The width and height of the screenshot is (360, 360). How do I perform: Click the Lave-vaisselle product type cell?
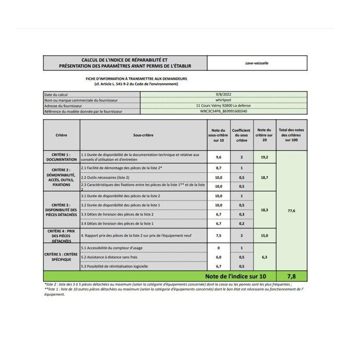(257, 63)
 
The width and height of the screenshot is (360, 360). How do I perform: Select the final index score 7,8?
(292, 276)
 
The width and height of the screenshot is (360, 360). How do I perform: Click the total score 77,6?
(292, 211)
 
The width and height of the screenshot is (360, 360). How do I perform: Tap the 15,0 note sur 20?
(264, 236)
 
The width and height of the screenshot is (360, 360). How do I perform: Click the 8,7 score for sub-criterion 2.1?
(218, 168)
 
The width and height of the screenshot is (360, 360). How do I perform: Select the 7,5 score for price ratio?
(218, 236)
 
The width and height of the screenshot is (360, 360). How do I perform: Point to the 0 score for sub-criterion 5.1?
(218, 248)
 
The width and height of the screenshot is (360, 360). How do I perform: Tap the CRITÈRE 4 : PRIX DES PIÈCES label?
(61, 236)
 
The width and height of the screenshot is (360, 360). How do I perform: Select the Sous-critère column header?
(143, 135)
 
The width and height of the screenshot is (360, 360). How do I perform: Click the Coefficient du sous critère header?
(241, 135)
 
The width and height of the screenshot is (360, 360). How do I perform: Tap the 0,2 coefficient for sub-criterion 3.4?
(241, 224)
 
